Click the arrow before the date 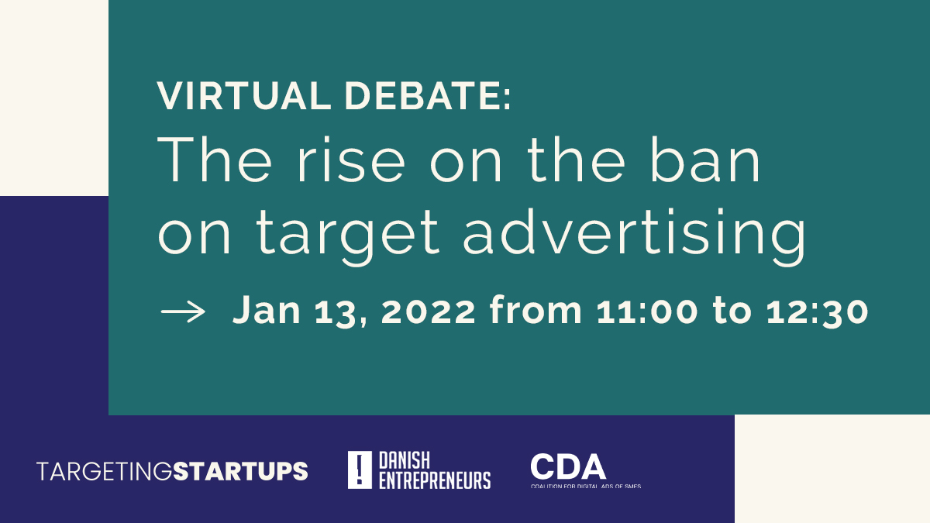(183, 311)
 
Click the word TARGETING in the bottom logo (104, 470)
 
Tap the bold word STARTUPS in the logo (240, 470)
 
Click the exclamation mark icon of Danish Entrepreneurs (360, 470)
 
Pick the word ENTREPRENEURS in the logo (434, 480)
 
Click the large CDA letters (568, 466)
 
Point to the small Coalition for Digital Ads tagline (585, 486)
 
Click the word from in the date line (536, 311)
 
